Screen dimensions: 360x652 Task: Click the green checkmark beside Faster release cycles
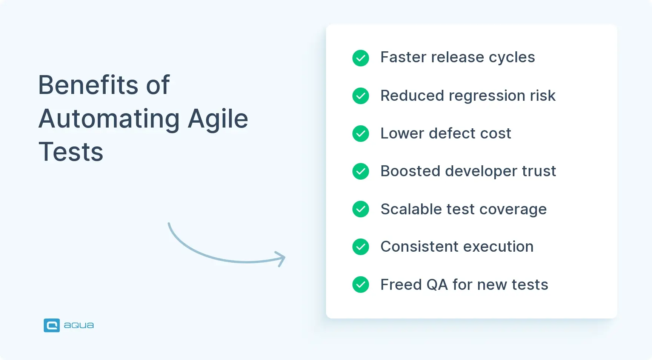(361, 58)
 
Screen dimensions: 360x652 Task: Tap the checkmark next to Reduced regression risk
(361, 96)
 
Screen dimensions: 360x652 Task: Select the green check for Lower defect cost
(361, 134)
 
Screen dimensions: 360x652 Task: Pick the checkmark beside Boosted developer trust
(361, 171)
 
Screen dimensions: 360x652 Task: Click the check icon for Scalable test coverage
(361, 209)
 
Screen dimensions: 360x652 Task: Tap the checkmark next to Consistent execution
(361, 247)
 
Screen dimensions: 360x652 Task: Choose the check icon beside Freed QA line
(361, 285)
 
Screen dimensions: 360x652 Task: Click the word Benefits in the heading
(88, 85)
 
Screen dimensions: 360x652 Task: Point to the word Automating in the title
(109, 119)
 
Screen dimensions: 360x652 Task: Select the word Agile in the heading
(218, 119)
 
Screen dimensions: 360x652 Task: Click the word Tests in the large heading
(71, 152)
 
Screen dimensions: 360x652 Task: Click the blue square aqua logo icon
(52, 325)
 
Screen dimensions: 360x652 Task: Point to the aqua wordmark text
(79, 325)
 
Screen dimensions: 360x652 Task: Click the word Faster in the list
(403, 57)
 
